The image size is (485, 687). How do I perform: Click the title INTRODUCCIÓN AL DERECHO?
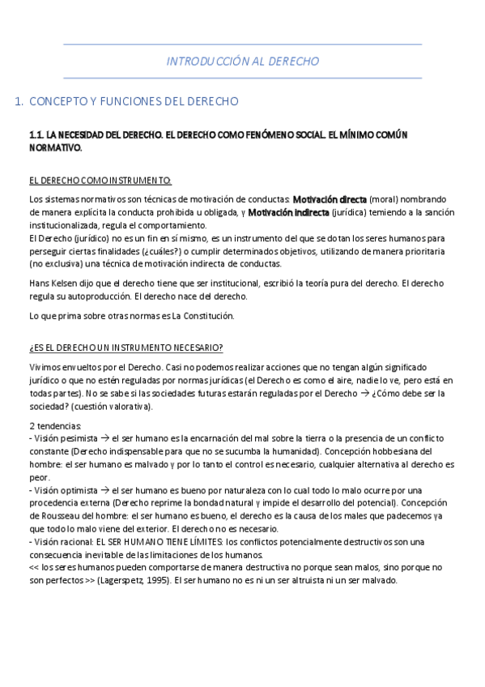pos(242,61)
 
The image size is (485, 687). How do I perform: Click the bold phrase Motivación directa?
pos(330,198)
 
